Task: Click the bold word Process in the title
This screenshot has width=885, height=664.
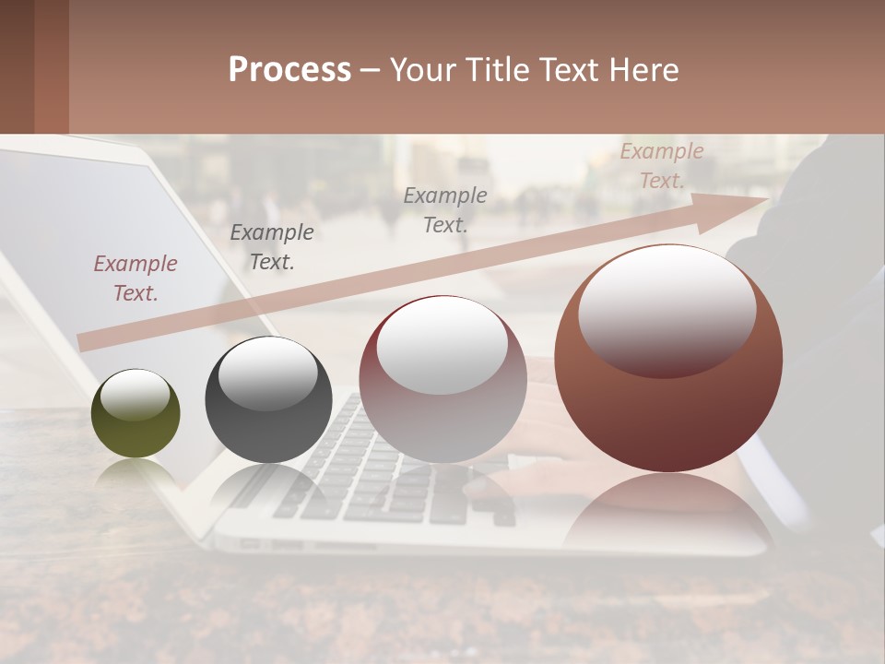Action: pos(289,70)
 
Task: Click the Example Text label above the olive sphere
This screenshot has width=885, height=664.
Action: pos(136,279)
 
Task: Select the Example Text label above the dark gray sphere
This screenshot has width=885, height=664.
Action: pos(272,247)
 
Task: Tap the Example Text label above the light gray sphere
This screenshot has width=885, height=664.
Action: pos(445,210)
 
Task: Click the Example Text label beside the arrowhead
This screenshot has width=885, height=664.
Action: pos(662,166)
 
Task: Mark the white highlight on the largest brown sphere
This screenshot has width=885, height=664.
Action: pos(667,309)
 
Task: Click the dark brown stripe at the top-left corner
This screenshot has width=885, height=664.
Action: pos(17,66)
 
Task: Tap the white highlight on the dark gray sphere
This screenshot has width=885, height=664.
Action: pos(268,373)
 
